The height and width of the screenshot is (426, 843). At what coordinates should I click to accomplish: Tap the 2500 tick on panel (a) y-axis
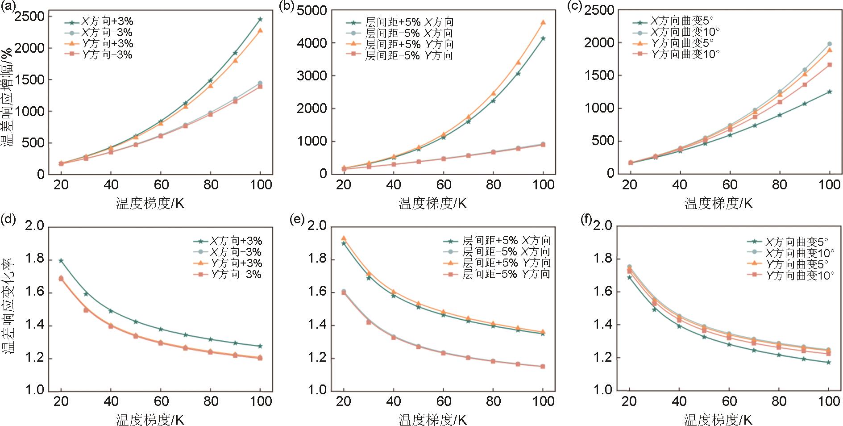coord(30,17)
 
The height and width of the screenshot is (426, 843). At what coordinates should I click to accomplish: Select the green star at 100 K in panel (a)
coord(260,19)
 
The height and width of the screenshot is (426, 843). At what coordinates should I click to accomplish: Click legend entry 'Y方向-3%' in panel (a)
coord(107,55)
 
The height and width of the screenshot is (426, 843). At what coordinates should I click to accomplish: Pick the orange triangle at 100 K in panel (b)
coord(543,22)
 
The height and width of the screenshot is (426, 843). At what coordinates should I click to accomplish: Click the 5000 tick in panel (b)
coord(311,10)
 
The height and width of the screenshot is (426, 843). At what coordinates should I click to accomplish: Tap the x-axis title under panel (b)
coord(432,204)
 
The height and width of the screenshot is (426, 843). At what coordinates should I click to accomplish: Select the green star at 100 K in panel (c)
coord(830,92)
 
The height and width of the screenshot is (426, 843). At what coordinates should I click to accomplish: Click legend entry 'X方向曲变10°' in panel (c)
coord(685,32)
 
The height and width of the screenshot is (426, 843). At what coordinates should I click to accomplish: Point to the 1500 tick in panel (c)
coord(598,75)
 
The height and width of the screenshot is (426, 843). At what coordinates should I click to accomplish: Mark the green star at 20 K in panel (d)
coord(61,260)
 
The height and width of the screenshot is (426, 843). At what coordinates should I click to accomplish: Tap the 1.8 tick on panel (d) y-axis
coord(35,260)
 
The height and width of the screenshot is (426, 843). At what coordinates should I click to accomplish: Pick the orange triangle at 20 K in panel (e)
coord(344,238)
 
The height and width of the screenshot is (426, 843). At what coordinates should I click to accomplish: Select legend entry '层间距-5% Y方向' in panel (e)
coord(506,274)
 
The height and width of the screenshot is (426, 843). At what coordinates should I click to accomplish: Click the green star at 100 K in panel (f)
coord(829,362)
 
